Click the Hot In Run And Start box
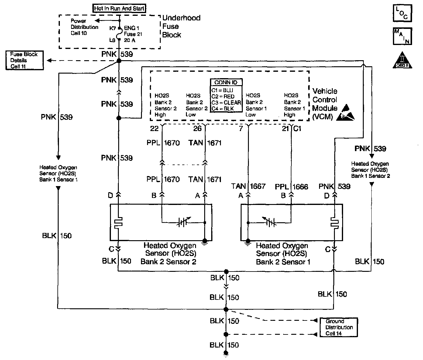119,9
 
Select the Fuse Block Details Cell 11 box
24,60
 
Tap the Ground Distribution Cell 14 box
339,327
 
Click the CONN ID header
226,82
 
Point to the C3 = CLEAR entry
226,102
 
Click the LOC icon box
402,13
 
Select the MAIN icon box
402,36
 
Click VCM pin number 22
154,129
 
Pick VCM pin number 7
241,129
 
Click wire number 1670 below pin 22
172,143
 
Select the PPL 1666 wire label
291,186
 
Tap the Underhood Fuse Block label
181,26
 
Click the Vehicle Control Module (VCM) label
325,104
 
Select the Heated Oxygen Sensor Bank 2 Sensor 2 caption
168,254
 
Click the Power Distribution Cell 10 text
84,27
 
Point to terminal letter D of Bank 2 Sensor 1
327,196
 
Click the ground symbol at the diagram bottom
226,353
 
